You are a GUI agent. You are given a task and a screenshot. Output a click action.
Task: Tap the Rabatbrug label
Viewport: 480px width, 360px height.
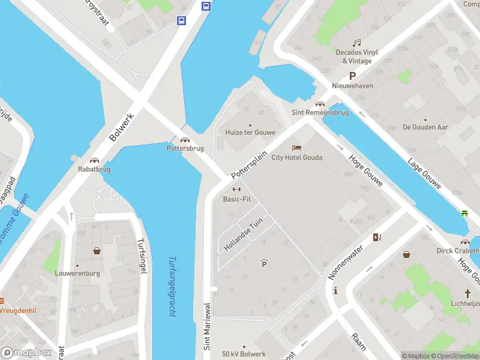point(94,169)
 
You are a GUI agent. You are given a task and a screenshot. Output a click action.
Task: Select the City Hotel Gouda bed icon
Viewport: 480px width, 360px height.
point(296,148)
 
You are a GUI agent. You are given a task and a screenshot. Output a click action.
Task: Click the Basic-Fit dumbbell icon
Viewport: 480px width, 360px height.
point(236,190)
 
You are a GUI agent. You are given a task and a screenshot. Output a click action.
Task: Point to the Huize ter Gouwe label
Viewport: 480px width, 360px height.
point(250,133)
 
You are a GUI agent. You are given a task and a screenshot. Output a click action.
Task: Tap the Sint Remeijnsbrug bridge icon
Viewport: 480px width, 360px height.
point(320,103)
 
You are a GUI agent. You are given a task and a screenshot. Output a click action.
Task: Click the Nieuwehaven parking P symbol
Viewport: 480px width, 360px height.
point(353,76)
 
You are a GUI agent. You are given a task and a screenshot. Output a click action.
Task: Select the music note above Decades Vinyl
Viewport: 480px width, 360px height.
point(356,43)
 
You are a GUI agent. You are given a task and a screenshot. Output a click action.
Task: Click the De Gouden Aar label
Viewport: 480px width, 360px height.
point(425,127)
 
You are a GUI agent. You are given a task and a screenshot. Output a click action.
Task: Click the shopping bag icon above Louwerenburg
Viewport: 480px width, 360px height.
point(96,251)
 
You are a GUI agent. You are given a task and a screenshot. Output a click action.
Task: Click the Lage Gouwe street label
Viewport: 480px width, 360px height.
point(425,174)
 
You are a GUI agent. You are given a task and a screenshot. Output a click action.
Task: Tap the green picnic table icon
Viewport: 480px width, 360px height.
point(465,213)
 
